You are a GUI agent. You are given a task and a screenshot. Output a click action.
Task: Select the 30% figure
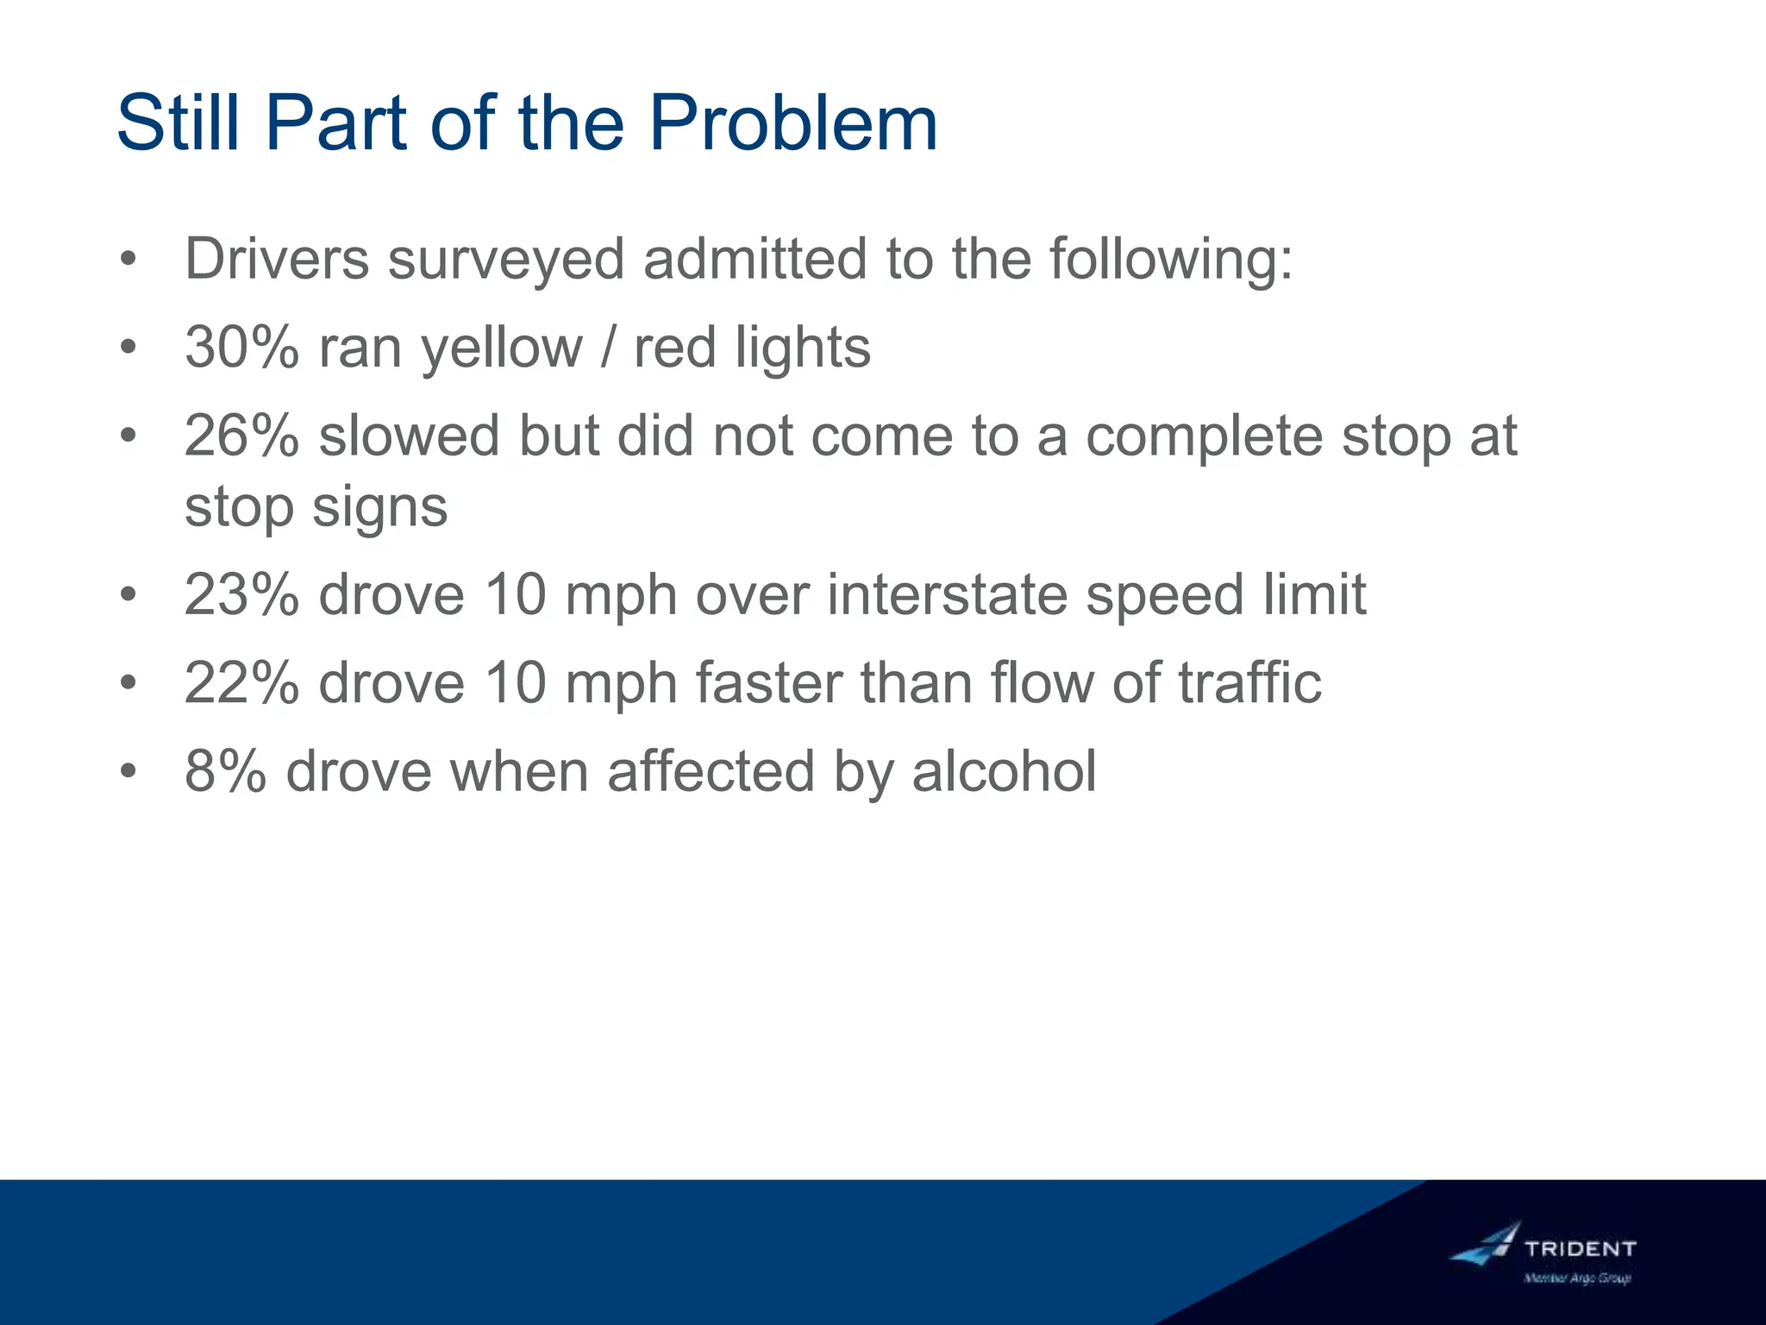(x=241, y=348)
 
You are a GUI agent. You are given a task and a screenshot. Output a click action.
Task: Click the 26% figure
(x=241, y=436)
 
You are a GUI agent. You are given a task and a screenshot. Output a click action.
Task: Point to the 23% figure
(x=241, y=595)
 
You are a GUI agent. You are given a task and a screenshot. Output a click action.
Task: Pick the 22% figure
(x=241, y=683)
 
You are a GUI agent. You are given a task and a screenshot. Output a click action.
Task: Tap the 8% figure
(x=225, y=771)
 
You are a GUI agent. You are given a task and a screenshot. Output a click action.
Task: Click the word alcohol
(x=1004, y=771)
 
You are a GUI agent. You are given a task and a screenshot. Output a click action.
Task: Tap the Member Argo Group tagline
(x=1577, y=1278)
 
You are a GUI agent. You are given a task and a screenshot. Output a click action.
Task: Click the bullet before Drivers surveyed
(x=128, y=259)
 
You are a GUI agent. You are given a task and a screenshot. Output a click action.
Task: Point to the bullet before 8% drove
(x=128, y=771)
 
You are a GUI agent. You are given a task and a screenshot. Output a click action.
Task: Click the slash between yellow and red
(x=609, y=348)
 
